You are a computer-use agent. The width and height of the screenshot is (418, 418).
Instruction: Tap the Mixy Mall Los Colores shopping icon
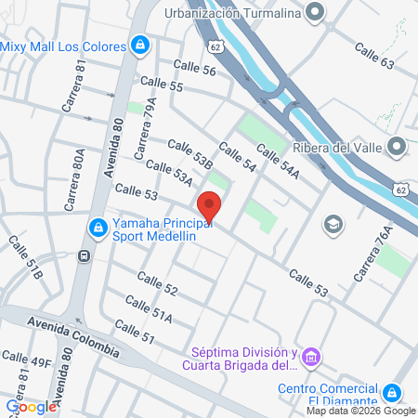click(139, 44)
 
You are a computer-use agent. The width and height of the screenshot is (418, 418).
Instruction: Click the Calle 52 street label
click(156, 282)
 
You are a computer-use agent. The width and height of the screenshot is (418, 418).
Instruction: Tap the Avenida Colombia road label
click(73, 336)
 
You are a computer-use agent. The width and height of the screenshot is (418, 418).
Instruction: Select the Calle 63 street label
click(373, 57)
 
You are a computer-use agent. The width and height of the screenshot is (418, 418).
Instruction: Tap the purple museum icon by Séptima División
click(313, 357)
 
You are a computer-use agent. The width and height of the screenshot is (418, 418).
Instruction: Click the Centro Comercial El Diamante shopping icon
click(393, 394)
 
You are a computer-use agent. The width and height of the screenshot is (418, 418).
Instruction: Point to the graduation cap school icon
click(332, 225)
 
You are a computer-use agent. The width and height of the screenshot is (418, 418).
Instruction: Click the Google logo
click(31, 406)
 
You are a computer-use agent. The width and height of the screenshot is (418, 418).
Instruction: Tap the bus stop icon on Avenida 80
click(85, 255)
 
